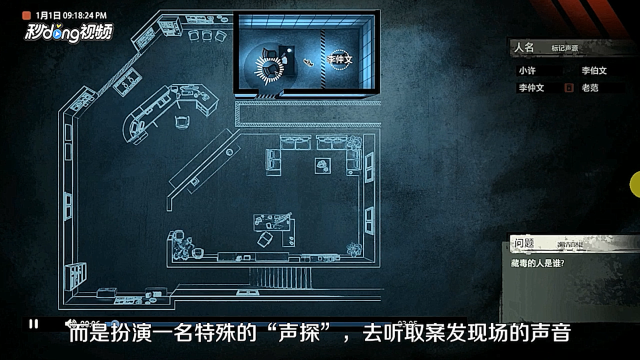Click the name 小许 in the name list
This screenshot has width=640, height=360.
(527, 71)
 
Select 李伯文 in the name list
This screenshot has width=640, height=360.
(594, 71)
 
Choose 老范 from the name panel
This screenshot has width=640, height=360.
(590, 88)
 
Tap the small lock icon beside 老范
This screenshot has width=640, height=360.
(569, 88)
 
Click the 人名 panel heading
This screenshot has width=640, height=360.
(524, 48)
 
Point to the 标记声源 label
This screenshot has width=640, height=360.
(564, 48)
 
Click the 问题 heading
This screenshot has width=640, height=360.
(524, 243)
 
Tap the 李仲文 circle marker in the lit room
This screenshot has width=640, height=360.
(340, 59)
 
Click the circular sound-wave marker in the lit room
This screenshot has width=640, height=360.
(269, 68)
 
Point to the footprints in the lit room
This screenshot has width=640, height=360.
(308, 62)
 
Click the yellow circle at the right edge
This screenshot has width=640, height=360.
(635, 183)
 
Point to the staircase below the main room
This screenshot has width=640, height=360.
(280, 277)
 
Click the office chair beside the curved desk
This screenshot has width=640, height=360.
(182, 120)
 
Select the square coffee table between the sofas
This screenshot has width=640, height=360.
(322, 165)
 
